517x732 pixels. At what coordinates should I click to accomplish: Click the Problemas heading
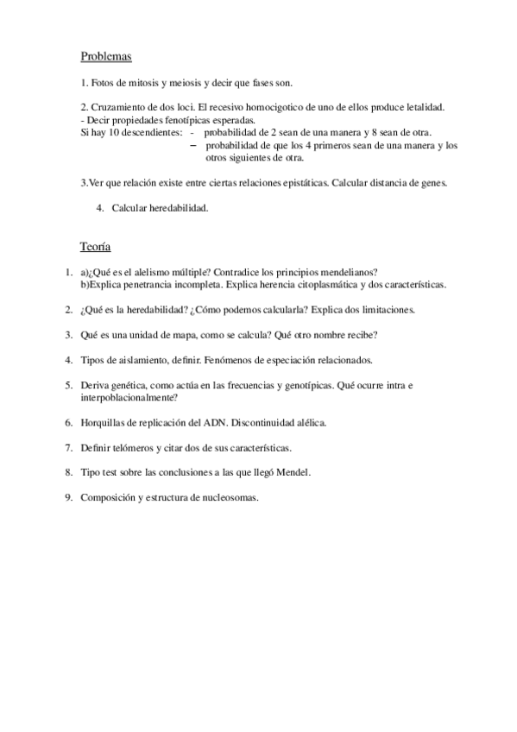coord(105,57)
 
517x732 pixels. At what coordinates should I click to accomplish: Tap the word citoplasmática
coord(310,284)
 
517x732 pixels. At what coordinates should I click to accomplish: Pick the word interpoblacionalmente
coord(124,397)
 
